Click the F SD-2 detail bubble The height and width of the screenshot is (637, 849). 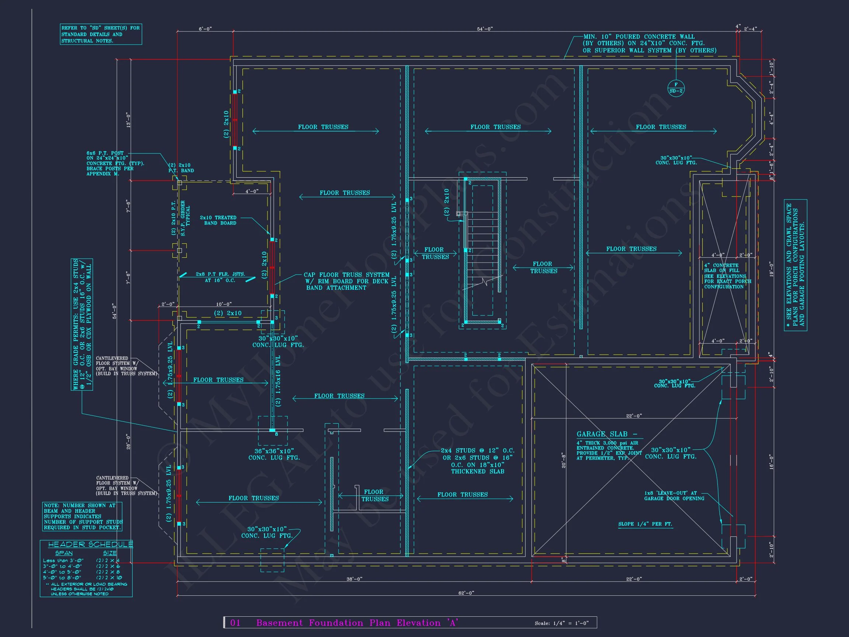[x=676, y=88]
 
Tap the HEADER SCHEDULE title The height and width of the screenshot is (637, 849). [x=90, y=544]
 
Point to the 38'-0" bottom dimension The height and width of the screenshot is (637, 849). [x=354, y=579]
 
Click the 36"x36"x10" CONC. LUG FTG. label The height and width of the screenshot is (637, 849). [x=274, y=454]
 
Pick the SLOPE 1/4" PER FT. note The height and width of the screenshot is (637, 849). [x=645, y=524]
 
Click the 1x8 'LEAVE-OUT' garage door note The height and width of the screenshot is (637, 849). [x=674, y=496]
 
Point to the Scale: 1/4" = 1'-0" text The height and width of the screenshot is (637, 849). [x=561, y=623]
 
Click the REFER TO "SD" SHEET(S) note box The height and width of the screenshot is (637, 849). [x=101, y=34]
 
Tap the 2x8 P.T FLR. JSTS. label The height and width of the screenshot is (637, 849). [x=220, y=277]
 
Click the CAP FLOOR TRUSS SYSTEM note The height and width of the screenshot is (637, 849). [x=346, y=281]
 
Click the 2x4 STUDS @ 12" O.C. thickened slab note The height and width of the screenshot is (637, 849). [x=478, y=461]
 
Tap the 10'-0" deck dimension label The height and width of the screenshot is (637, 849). [x=224, y=304]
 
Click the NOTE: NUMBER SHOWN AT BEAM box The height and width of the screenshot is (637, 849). [x=83, y=516]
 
